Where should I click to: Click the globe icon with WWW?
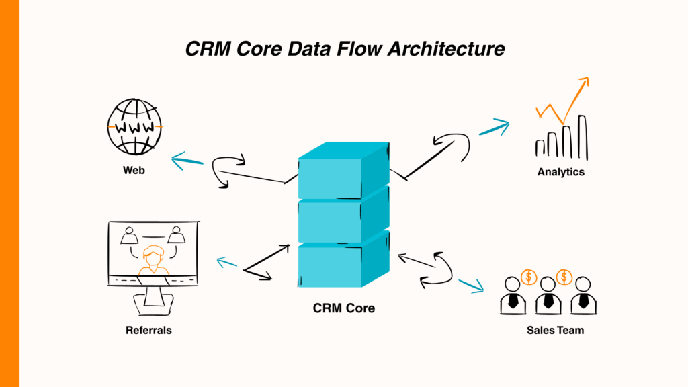pyautogui.click(x=135, y=126)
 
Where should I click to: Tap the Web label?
pyautogui.click(x=134, y=170)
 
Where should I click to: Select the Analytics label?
pyautogui.click(x=560, y=172)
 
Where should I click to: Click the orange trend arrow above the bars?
pyautogui.click(x=564, y=101)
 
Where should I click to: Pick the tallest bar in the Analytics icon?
pyautogui.click(x=583, y=138)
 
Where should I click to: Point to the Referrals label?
pyautogui.click(x=148, y=330)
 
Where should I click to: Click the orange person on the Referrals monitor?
pyautogui.click(x=153, y=261)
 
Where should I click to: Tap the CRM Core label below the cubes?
pyautogui.click(x=343, y=309)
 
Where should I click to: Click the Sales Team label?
pyautogui.click(x=555, y=330)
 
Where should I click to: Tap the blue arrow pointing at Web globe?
pyautogui.click(x=187, y=161)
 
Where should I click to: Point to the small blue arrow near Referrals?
pyautogui.click(x=226, y=263)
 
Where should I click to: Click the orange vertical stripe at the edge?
pyautogui.click(x=9, y=193)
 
